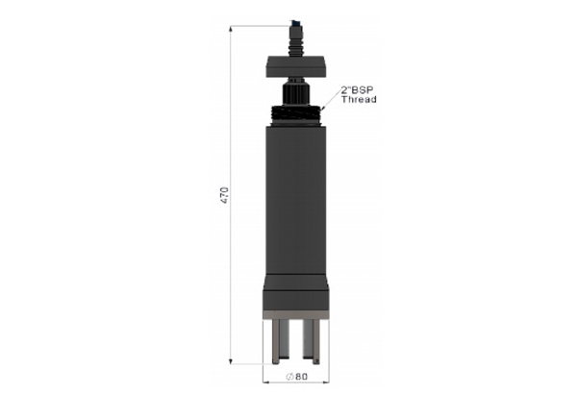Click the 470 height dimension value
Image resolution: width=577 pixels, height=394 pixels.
pos(224,195)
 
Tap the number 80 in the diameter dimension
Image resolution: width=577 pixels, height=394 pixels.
pos(301,377)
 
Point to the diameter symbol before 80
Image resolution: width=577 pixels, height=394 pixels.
pos(289,377)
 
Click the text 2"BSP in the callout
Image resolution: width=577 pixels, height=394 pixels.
pos(357,90)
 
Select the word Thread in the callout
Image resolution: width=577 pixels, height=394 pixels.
pos(359,99)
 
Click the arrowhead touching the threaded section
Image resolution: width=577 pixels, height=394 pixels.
pos(322,109)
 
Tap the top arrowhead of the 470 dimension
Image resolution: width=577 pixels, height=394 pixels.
pos(231,29)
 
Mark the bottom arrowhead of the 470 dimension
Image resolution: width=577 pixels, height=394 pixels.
pos(231,361)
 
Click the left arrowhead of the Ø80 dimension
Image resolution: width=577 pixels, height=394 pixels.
pos(266,382)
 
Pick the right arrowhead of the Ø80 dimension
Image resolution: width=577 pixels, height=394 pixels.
pos(326,382)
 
